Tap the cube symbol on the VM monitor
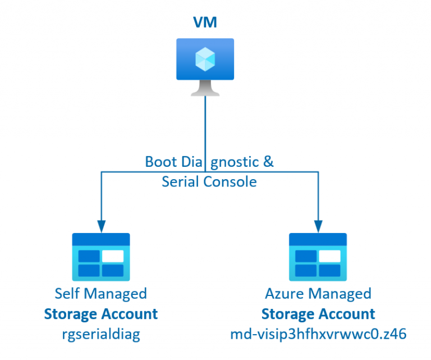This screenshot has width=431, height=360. pyautogui.click(x=205, y=58)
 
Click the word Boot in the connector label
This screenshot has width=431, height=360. pyautogui.click(x=160, y=162)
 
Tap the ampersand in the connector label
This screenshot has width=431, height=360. pyautogui.click(x=268, y=162)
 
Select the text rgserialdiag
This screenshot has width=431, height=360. pyautogui.click(x=101, y=334)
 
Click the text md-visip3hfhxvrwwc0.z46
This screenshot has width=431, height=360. pyautogui.click(x=318, y=334)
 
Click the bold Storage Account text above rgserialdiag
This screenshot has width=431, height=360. pyautogui.click(x=101, y=314)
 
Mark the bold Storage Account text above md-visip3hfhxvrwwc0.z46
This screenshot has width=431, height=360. pyautogui.click(x=318, y=314)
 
